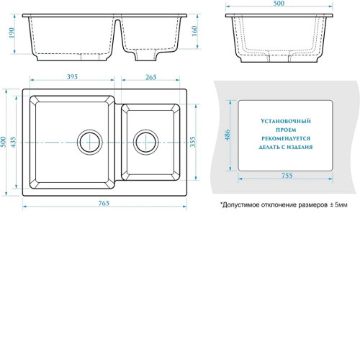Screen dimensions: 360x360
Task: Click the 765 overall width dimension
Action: [104, 203]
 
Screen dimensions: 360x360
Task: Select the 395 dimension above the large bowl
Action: [72, 77]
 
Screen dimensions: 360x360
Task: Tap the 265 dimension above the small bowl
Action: [151, 77]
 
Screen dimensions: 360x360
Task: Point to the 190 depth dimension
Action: [12, 33]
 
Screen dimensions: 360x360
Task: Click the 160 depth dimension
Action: [194, 31]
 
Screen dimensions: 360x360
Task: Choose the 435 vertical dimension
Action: [13, 142]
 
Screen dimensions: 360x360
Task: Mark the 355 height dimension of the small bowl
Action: [193, 142]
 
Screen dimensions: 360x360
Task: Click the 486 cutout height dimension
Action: [228, 135]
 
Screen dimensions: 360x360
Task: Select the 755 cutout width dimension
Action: [287, 176]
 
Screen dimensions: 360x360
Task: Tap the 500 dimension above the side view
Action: [279, 4]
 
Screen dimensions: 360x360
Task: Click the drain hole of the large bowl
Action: [90, 143]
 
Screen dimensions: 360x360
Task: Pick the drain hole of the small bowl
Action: [146, 143]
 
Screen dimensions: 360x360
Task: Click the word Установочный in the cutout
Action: [286, 121]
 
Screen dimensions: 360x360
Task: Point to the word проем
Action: [286, 130]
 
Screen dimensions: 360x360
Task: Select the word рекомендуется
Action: [286, 138]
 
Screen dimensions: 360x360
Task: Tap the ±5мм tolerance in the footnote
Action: [338, 204]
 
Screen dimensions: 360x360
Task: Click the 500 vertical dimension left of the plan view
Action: [3, 142]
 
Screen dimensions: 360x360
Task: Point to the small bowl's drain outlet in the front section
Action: [145, 55]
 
